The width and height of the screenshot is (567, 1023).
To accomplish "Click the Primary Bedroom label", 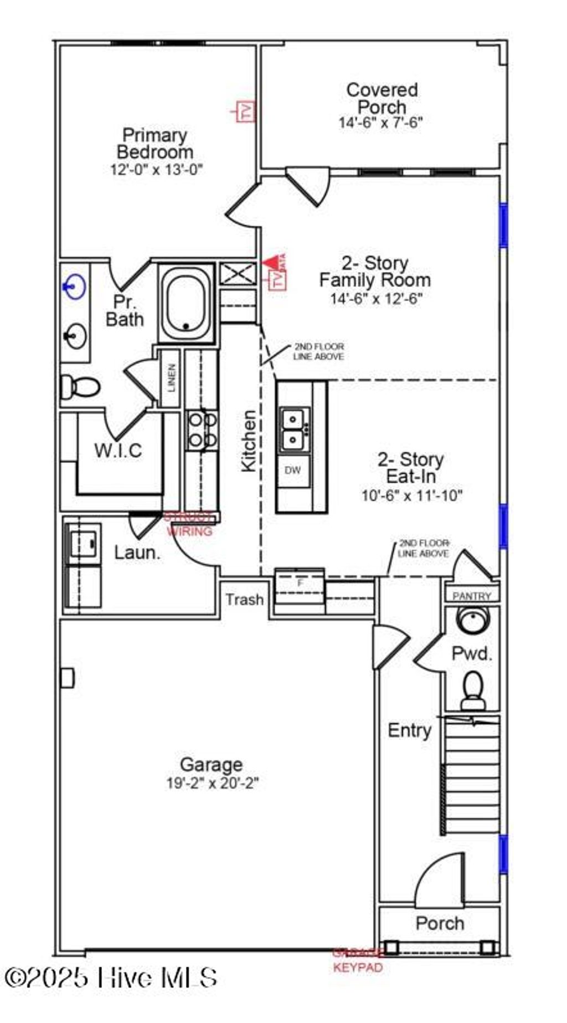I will click(x=155, y=143).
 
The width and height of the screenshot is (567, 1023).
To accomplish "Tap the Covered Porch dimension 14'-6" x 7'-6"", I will click(x=381, y=122).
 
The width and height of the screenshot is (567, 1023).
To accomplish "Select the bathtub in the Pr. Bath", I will click(x=187, y=303).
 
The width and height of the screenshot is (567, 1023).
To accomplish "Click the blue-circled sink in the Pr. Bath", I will click(x=74, y=287).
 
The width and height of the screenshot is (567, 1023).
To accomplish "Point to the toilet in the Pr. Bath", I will click(x=79, y=386).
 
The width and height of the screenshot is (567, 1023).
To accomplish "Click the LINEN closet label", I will click(x=171, y=378).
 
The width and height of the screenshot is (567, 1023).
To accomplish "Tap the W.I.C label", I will click(x=118, y=450).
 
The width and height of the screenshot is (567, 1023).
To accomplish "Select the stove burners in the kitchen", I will click(x=202, y=429).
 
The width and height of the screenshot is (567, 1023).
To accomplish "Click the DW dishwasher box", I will click(x=293, y=470).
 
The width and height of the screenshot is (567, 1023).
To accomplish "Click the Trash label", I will click(x=244, y=600).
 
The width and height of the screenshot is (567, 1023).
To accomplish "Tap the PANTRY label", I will click(x=472, y=596).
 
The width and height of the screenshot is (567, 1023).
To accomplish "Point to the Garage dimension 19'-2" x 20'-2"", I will click(x=213, y=783).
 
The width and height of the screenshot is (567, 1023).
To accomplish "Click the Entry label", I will click(x=409, y=730).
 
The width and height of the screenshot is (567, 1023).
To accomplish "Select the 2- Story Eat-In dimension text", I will click(x=411, y=495).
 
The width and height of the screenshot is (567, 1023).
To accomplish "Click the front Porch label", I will click(x=440, y=923).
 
